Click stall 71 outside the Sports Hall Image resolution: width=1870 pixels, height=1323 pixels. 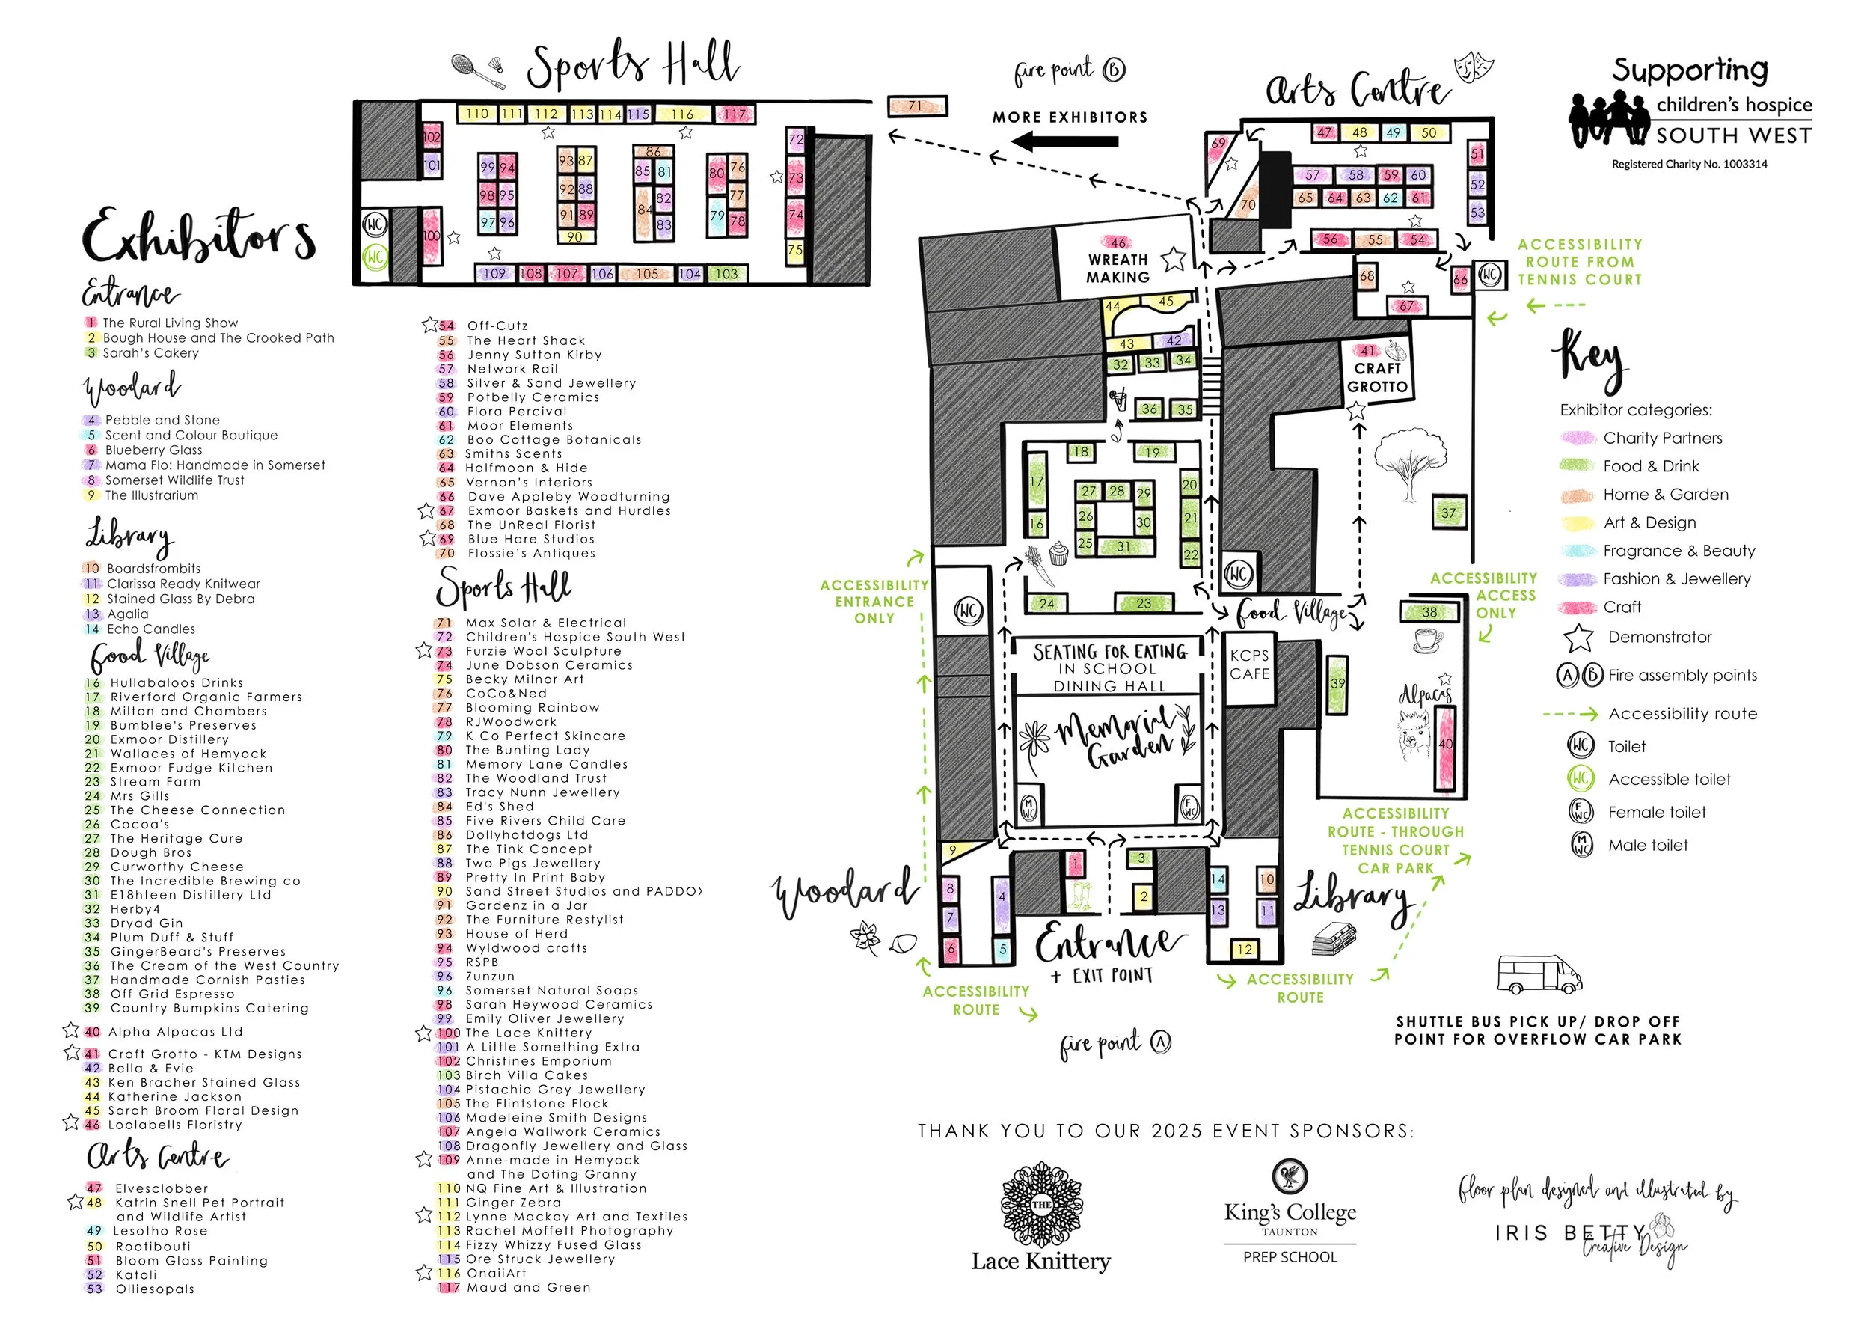point(916,106)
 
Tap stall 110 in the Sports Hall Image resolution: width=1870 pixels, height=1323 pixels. point(476,113)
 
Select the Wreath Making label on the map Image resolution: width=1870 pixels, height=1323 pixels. point(1118,268)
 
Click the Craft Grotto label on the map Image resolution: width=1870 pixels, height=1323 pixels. point(1376,377)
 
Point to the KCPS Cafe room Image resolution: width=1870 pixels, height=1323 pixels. point(1249,664)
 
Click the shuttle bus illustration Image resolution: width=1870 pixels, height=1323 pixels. point(1539,974)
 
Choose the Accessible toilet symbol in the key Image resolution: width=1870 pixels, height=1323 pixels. point(1580,779)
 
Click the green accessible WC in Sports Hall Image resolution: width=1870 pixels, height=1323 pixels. point(375,257)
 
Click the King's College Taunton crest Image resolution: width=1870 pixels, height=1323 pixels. point(1290,1176)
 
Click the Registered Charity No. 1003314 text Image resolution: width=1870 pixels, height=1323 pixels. point(1688,164)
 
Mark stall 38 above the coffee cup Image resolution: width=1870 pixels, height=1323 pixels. point(1429,612)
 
